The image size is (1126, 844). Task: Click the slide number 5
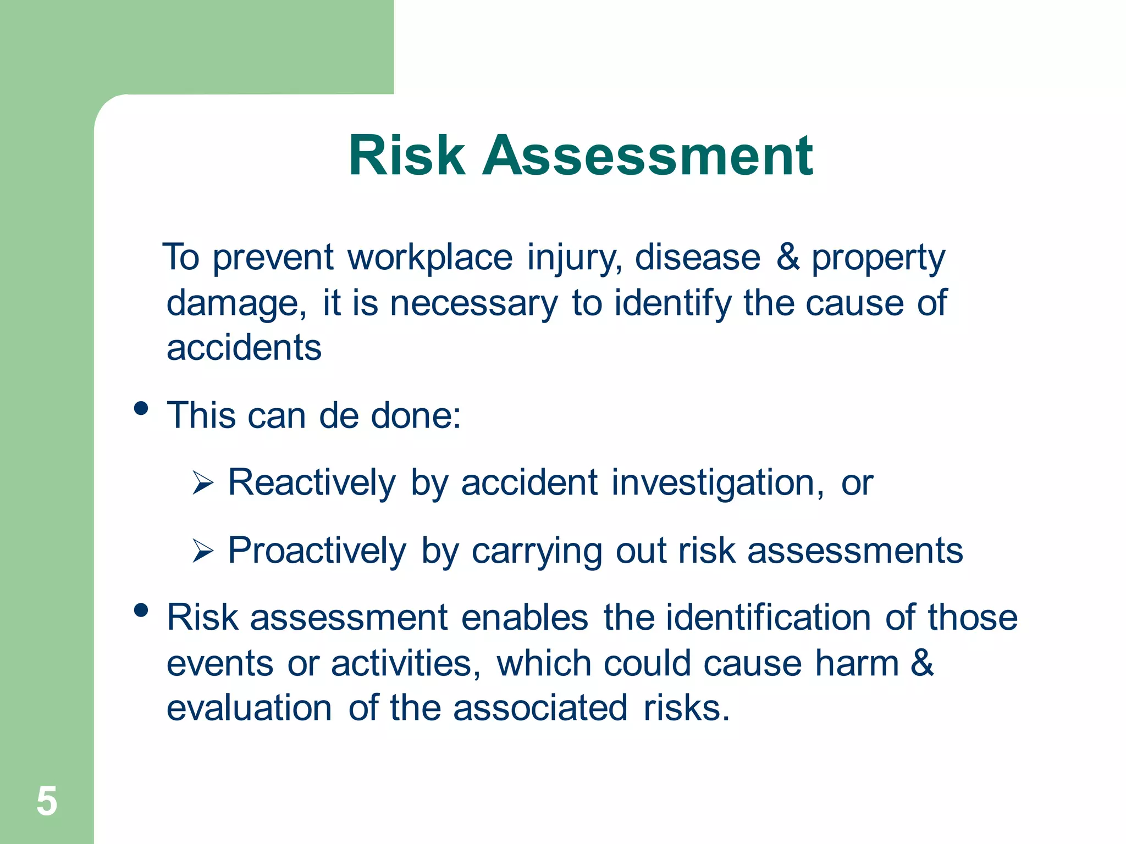(x=47, y=801)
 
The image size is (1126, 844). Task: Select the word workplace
(x=430, y=258)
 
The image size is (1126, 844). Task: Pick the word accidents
(x=244, y=348)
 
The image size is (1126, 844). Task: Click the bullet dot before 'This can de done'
(x=141, y=408)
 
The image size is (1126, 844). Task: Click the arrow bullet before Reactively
(x=203, y=484)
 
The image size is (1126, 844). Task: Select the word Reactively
(x=312, y=483)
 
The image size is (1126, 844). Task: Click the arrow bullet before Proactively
(x=203, y=551)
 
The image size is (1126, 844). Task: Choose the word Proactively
(x=317, y=551)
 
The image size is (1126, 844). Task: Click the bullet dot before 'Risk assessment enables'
(x=141, y=610)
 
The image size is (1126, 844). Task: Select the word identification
(x=768, y=618)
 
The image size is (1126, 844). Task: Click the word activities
(x=405, y=663)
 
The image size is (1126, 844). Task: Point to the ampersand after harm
(x=922, y=663)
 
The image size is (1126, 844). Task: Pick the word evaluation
(x=249, y=708)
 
